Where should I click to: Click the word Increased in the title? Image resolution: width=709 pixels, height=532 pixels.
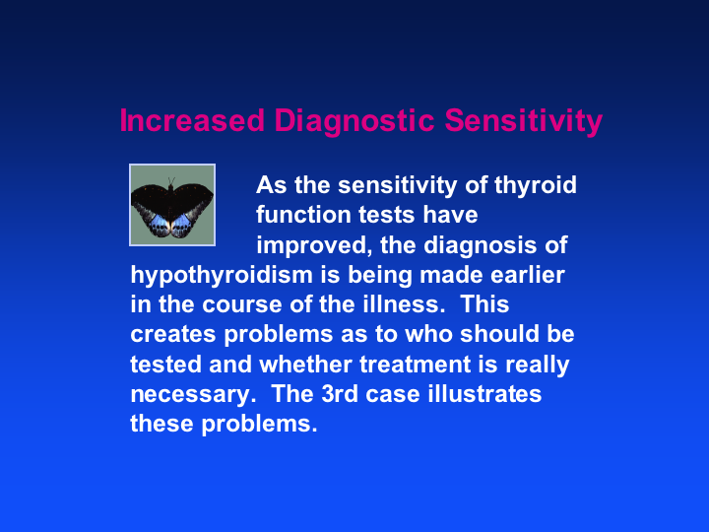point(192,120)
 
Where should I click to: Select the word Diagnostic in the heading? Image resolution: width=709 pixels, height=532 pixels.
point(354,122)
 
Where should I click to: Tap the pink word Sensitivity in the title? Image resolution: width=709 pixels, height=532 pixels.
point(524,122)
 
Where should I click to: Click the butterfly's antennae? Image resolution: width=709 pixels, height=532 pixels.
point(171,181)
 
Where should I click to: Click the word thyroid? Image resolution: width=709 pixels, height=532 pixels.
point(536,186)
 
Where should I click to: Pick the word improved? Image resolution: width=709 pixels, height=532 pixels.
point(313,246)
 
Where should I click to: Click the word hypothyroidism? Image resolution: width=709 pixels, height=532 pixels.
point(222,276)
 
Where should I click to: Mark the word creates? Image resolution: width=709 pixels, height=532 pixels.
point(173,335)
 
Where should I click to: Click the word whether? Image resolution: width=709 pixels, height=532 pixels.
point(305,365)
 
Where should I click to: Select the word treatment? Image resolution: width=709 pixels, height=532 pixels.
point(416,365)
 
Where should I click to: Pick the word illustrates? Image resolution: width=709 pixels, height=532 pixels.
point(484,393)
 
